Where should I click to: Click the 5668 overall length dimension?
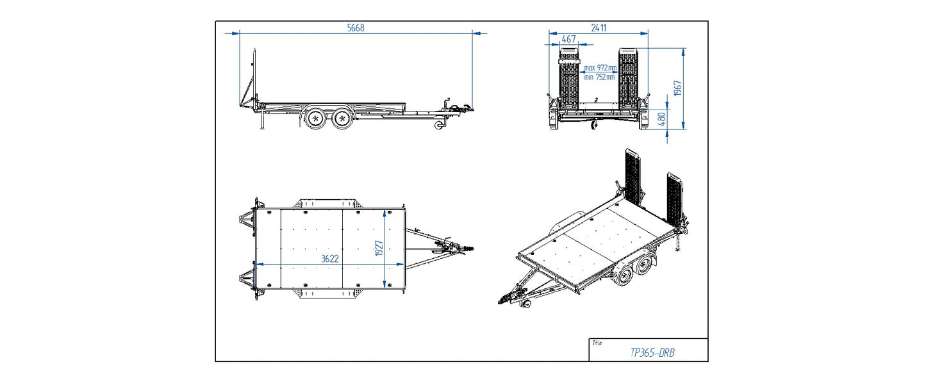pyautogui.click(x=356, y=28)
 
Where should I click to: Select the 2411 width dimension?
pyautogui.click(x=599, y=28)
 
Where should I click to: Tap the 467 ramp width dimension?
pyautogui.click(x=568, y=39)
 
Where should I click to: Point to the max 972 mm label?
pyautogui.click(x=600, y=68)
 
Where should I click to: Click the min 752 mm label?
pyautogui.click(x=600, y=77)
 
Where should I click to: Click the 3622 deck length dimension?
pyautogui.click(x=329, y=259)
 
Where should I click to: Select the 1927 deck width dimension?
pyautogui.click(x=379, y=249)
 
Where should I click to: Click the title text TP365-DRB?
pyautogui.click(x=653, y=352)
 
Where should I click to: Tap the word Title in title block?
pyautogui.click(x=597, y=343)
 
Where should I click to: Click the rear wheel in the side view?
pyautogui.click(x=315, y=119)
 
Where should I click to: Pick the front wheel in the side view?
pyautogui.click(x=343, y=119)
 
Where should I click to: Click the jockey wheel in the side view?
pyautogui.click(x=440, y=126)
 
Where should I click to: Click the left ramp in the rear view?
pyautogui.click(x=569, y=80)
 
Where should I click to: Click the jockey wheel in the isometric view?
pyautogui.click(x=527, y=307)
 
